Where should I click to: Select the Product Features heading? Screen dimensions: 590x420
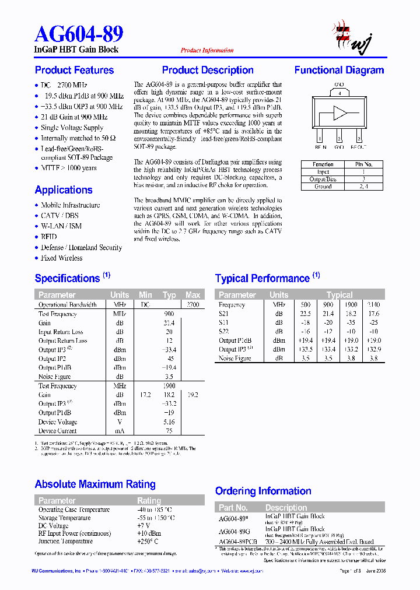(x=74, y=71)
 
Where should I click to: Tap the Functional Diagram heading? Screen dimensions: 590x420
(x=339, y=71)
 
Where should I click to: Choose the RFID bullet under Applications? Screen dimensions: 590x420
(x=48, y=237)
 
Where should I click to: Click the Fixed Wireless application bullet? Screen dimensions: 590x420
(x=61, y=258)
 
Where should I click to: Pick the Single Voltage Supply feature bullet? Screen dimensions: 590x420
(x=72, y=128)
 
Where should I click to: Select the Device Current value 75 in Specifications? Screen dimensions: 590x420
(x=169, y=431)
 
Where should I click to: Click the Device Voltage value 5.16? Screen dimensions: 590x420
(x=169, y=422)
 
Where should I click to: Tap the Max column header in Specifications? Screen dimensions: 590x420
(x=192, y=295)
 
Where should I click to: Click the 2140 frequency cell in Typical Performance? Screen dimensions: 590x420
(x=373, y=305)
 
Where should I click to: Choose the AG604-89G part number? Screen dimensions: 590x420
(x=234, y=532)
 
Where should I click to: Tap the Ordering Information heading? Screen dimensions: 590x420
(x=263, y=491)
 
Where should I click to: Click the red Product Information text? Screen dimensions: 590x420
(x=207, y=51)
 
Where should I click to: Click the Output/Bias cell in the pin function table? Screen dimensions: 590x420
(x=323, y=180)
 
